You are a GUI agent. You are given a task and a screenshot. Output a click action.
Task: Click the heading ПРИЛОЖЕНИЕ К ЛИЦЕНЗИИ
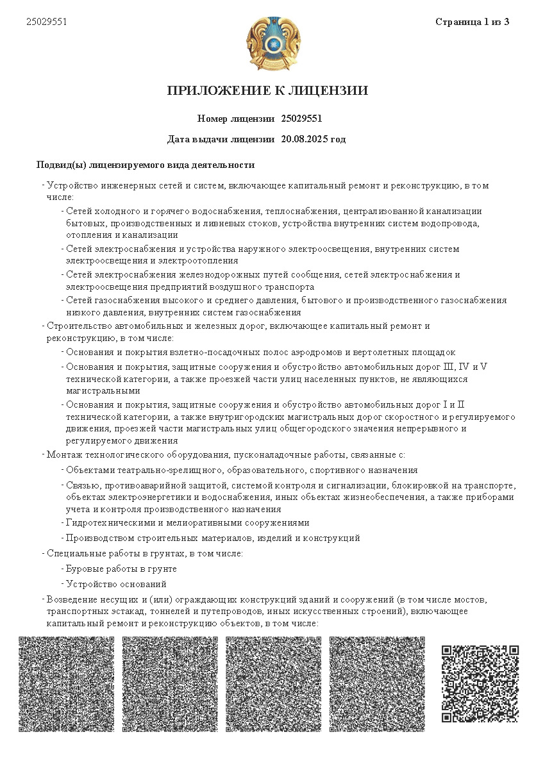click(x=268, y=90)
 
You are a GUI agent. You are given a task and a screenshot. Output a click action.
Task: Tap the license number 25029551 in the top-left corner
click(x=47, y=22)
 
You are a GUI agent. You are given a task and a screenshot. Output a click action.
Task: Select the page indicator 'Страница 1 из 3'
click(x=472, y=22)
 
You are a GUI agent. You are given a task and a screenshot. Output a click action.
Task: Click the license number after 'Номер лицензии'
click(x=301, y=119)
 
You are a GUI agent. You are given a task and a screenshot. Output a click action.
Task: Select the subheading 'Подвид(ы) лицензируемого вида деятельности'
click(x=146, y=165)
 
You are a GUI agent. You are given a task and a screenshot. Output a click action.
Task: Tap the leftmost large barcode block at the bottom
click(x=67, y=683)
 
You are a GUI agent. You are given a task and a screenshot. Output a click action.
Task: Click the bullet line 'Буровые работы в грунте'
click(x=121, y=569)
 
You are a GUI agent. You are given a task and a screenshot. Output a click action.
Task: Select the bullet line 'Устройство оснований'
click(x=116, y=584)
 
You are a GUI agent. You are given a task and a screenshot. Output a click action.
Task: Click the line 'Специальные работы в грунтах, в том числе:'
click(x=144, y=553)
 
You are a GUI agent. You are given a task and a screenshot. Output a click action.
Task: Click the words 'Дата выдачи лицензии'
click(x=221, y=139)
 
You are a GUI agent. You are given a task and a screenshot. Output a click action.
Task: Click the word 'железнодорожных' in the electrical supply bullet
click(x=199, y=275)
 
